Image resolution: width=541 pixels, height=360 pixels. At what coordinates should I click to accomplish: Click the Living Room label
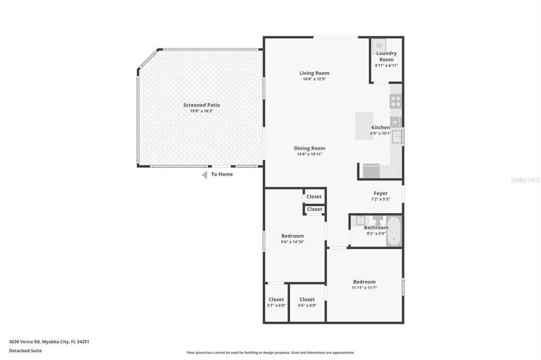(314, 73)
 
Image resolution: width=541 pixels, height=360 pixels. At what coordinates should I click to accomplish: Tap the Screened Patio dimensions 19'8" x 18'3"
(202, 111)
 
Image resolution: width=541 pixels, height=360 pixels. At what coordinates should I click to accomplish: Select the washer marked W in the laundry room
(379, 46)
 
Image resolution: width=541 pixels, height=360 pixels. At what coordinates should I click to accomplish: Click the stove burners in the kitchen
(396, 101)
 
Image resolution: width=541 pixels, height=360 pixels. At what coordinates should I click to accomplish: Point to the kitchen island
(364, 126)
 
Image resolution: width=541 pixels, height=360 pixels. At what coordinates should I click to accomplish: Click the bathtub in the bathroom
(394, 231)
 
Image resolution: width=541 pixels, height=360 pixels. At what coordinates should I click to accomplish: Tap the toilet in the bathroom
(378, 220)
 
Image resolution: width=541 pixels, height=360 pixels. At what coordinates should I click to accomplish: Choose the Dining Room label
(310, 148)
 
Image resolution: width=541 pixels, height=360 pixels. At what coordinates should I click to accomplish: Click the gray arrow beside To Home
(204, 175)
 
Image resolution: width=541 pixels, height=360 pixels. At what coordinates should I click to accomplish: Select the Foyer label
(380, 193)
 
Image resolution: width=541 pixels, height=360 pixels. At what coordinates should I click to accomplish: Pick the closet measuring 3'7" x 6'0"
(276, 302)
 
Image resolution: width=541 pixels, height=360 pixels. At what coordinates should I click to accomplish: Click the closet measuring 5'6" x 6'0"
(307, 302)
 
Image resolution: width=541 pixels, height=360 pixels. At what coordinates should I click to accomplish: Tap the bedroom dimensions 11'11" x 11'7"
(365, 288)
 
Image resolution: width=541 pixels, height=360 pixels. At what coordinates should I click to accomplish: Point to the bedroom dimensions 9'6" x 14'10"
(293, 242)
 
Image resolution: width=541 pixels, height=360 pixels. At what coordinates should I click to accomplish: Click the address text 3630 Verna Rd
(24, 342)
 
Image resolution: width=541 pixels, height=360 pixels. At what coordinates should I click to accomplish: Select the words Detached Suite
(25, 350)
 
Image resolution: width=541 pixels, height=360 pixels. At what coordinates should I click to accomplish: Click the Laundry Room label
(386, 56)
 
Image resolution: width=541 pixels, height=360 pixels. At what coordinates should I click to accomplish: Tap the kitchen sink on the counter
(397, 137)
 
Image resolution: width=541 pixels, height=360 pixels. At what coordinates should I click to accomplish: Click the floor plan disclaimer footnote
(270, 353)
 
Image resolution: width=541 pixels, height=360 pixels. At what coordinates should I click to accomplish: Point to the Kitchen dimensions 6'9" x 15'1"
(380, 134)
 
